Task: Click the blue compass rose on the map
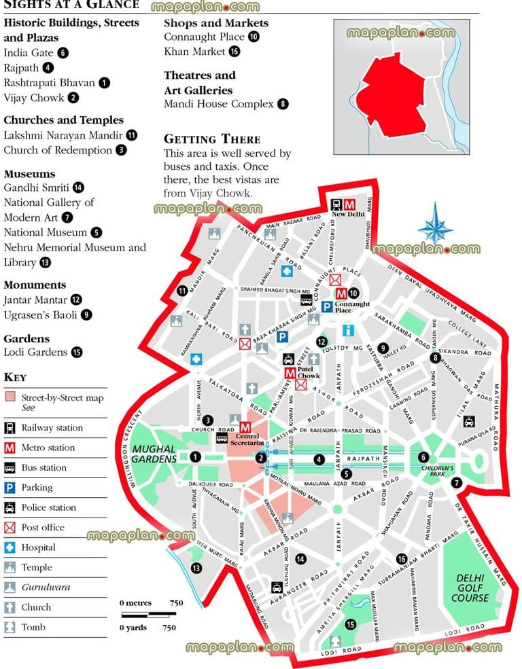click(x=436, y=224)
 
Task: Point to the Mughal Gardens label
click(x=154, y=454)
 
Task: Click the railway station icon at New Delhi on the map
click(x=336, y=204)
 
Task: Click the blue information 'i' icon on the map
click(x=349, y=331)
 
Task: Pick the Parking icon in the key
click(x=10, y=488)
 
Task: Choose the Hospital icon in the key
click(x=10, y=547)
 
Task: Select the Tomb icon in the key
click(x=10, y=627)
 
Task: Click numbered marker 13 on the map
click(x=196, y=568)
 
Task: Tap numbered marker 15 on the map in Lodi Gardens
click(x=351, y=624)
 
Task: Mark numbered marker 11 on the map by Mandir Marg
click(x=181, y=291)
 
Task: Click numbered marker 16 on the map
click(x=402, y=558)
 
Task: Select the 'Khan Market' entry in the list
click(x=194, y=52)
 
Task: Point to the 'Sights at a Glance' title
click(x=71, y=5)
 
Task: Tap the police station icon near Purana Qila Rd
click(x=469, y=422)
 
